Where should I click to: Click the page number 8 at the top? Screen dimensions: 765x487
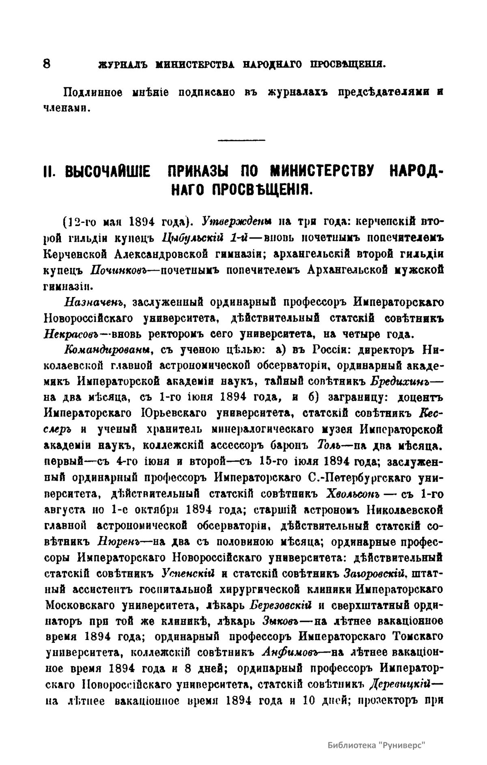pyautogui.click(x=46, y=64)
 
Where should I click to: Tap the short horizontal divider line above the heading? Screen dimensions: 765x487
pyautogui.click(x=241, y=140)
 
